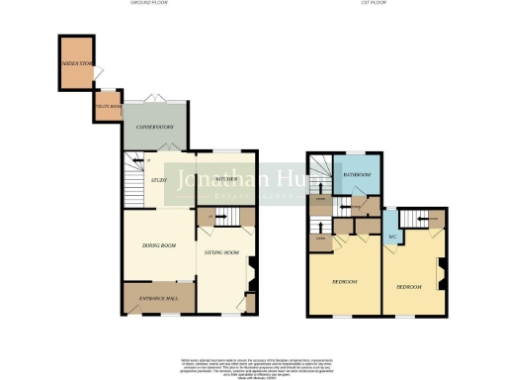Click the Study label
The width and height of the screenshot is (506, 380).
click(158, 179)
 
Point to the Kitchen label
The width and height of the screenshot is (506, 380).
click(225, 178)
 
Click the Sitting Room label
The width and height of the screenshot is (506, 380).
click(222, 253)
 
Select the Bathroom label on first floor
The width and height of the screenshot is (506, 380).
click(356, 175)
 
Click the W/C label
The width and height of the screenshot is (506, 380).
click(392, 237)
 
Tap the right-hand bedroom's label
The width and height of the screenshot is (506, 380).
click(409, 286)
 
